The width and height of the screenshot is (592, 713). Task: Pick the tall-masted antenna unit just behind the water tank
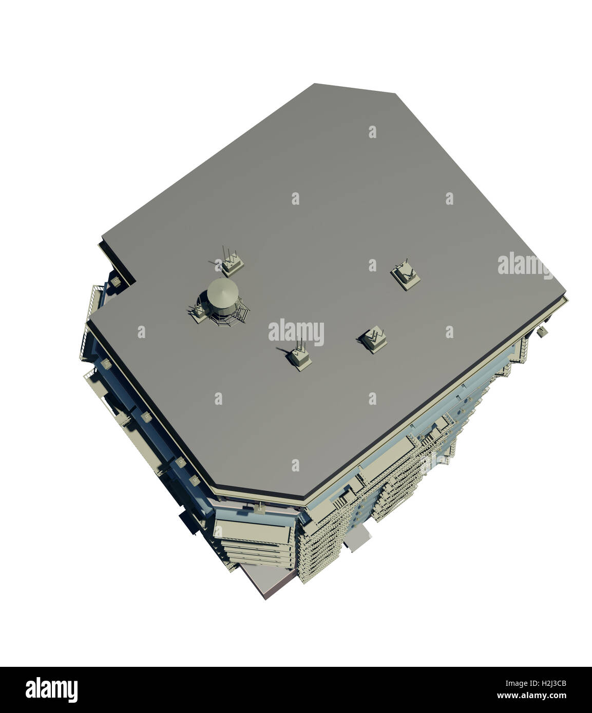232,263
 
